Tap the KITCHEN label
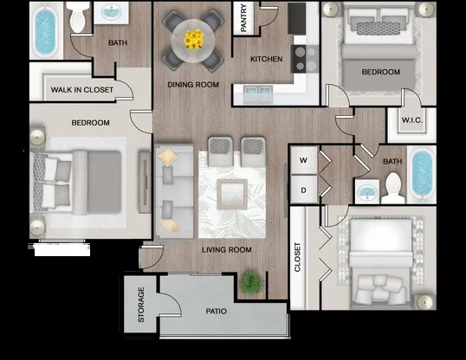(x=267, y=59)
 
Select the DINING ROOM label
(x=192, y=85)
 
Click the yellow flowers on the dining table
(x=194, y=38)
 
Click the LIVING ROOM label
(x=226, y=250)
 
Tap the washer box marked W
(x=303, y=160)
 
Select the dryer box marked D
(x=303, y=190)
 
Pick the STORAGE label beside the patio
(x=141, y=305)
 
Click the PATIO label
(x=216, y=311)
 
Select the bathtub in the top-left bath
(x=43, y=32)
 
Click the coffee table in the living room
(x=232, y=194)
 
